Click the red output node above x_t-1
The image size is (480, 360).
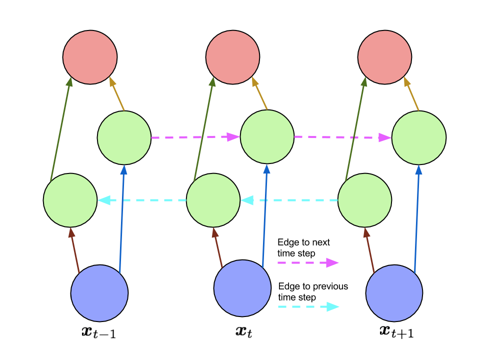[90, 57]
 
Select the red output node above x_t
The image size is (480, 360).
[232, 57]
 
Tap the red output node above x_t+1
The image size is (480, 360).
[385, 57]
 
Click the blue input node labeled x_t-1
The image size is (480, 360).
[99, 293]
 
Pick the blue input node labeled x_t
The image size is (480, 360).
[242, 288]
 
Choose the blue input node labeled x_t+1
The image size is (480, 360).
[394, 293]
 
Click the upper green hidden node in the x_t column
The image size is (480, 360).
[267, 137]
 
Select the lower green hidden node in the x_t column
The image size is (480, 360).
[213, 200]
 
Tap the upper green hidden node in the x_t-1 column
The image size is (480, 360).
[124, 138]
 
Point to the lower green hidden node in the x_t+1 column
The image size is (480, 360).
[364, 200]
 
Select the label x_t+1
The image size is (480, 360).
[396, 332]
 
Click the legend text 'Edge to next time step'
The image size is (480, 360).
[303, 247]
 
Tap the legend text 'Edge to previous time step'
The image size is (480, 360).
[313, 291]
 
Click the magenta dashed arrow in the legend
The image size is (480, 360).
[308, 262]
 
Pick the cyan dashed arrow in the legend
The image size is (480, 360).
[308, 306]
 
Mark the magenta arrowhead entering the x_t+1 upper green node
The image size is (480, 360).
[385, 137]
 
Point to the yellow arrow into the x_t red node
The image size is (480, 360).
[259, 93]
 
